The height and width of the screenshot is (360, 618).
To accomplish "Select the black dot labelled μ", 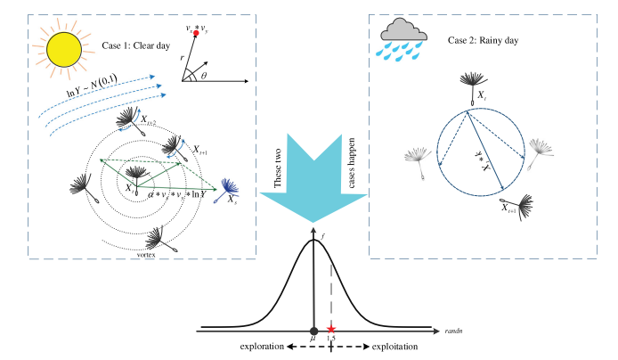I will (313, 329).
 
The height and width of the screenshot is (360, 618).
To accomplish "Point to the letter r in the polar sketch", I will (183, 55).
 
